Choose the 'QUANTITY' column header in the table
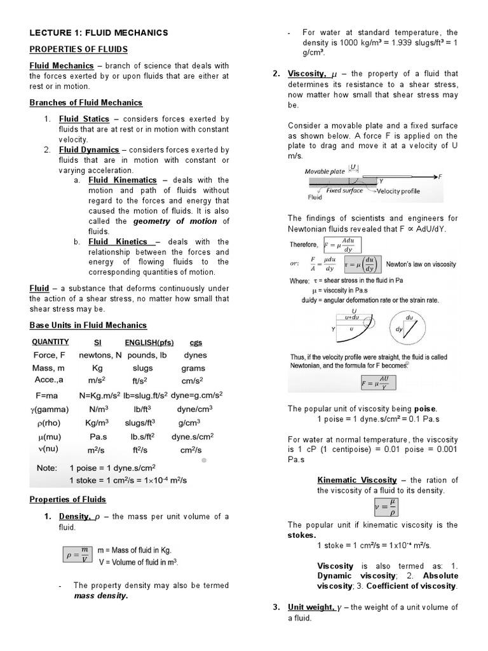[50, 342]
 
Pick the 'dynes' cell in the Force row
[195, 355]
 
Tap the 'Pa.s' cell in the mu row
[98, 437]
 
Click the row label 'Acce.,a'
[50, 380]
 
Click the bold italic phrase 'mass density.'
[100, 596]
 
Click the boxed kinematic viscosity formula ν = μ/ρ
[383, 507]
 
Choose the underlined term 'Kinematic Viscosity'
[357, 480]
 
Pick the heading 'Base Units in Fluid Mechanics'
[88, 325]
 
